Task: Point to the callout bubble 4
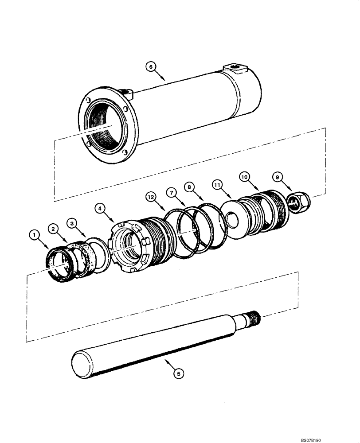coord(101,207)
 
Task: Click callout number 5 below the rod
coord(178,374)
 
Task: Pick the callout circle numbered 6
coord(151,67)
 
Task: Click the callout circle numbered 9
coord(277,177)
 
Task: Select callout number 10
coord(245,176)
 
